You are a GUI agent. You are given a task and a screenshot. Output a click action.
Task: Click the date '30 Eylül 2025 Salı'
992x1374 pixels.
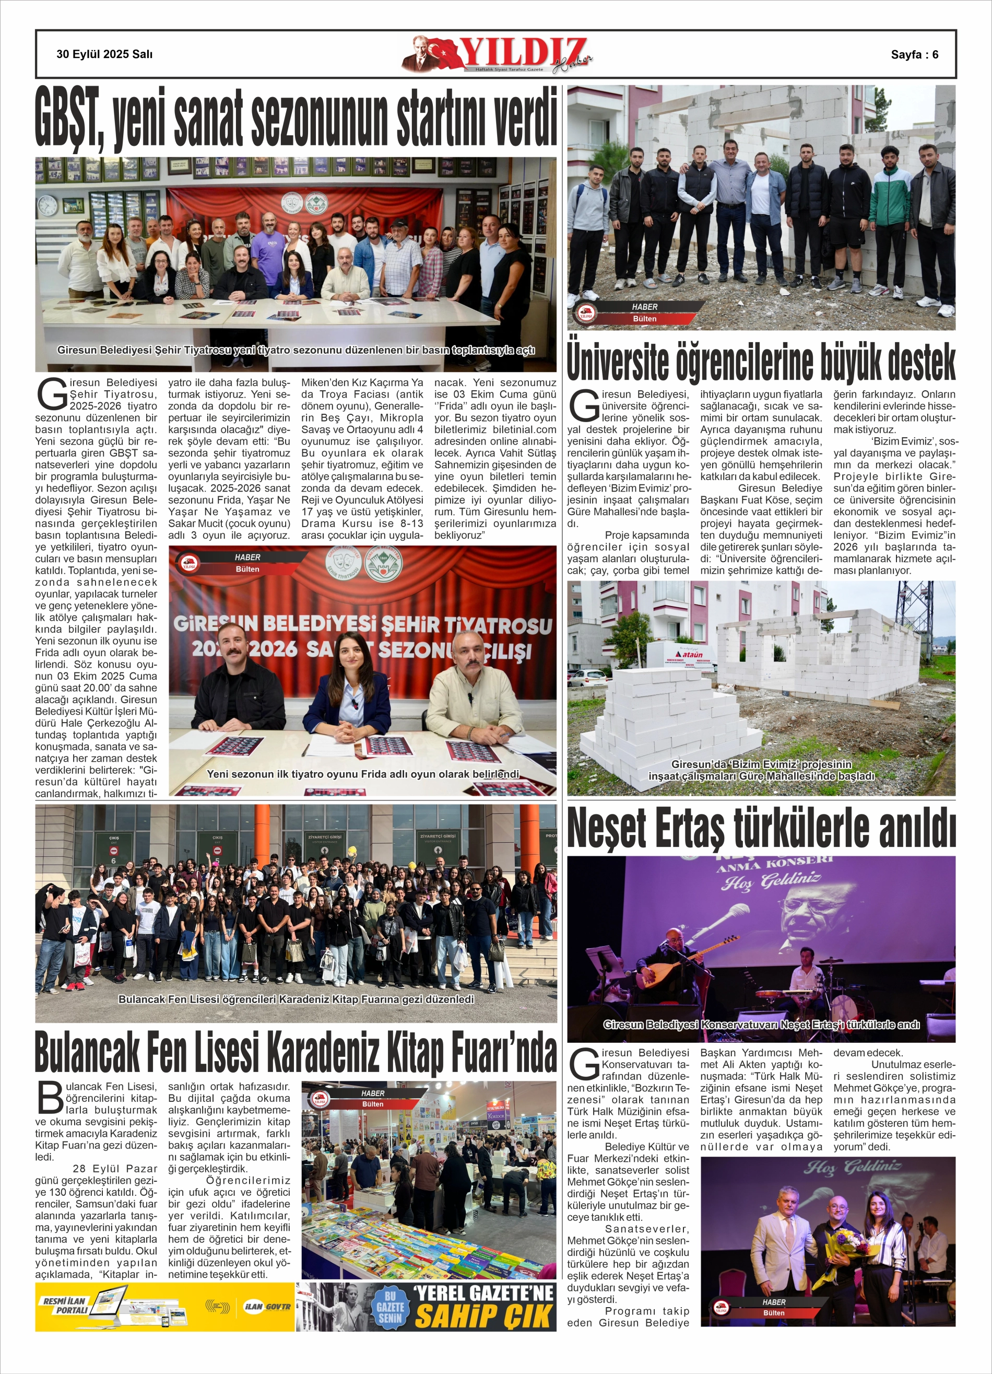click(x=104, y=54)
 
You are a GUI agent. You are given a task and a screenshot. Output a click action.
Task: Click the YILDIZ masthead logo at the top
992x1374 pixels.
click(x=497, y=54)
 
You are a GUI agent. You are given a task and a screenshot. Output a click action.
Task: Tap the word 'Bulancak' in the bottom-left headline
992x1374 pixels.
click(x=97, y=1054)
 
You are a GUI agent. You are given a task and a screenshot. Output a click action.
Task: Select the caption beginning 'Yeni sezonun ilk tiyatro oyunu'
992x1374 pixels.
click(x=362, y=774)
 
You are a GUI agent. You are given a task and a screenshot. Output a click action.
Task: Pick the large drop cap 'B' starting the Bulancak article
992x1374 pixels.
click(x=50, y=1098)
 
